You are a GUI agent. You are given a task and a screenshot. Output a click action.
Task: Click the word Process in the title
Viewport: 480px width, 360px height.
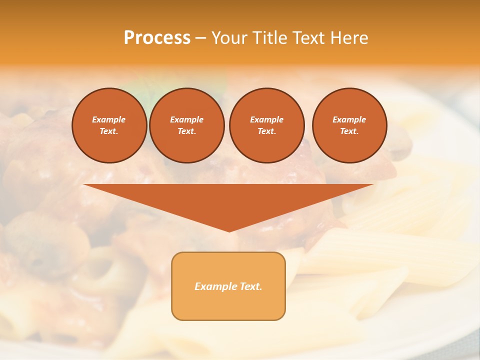157,38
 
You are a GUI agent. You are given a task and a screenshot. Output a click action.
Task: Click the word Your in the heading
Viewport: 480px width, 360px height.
229,38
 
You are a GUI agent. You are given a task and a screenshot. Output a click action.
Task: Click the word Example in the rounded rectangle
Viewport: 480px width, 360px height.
215,286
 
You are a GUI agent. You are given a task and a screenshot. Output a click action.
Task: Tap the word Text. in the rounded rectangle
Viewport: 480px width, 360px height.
250,286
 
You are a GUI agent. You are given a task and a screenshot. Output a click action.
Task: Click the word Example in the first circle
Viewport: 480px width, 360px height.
109,119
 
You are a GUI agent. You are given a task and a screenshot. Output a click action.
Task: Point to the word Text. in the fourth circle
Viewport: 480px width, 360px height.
349,131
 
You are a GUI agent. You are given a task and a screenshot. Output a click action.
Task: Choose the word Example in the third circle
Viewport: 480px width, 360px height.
266,119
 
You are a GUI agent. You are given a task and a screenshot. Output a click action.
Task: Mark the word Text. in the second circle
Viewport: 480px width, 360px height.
187,131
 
